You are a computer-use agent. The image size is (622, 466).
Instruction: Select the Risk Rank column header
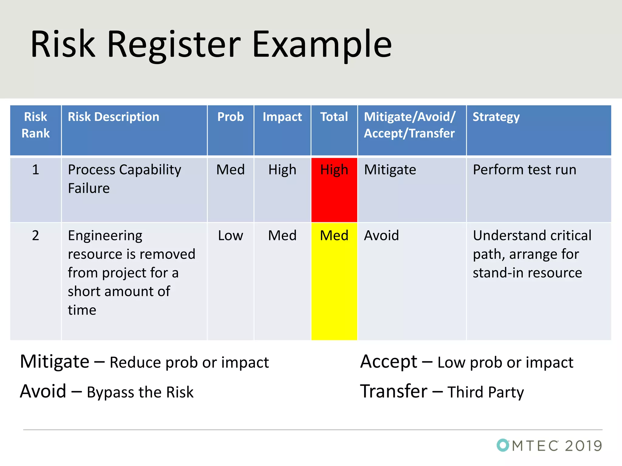click(36, 125)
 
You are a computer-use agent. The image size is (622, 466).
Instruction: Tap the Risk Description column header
click(113, 117)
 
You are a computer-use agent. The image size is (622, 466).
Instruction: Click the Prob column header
click(231, 117)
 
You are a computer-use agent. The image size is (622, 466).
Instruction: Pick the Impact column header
click(282, 117)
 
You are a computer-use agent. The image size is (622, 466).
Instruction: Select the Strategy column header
click(496, 117)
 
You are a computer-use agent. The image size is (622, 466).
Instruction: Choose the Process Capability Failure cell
click(124, 179)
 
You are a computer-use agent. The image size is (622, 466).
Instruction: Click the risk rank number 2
click(36, 236)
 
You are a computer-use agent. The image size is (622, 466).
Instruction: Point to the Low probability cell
click(231, 236)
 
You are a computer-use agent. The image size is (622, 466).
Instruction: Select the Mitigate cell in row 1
click(390, 170)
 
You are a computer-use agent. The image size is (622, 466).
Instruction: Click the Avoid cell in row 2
click(381, 236)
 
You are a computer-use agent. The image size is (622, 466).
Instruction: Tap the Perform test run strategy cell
click(525, 170)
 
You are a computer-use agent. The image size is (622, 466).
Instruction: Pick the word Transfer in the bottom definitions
click(394, 391)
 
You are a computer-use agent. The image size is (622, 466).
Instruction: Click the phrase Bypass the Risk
click(140, 392)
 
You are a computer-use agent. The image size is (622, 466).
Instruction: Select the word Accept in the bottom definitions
click(389, 362)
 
